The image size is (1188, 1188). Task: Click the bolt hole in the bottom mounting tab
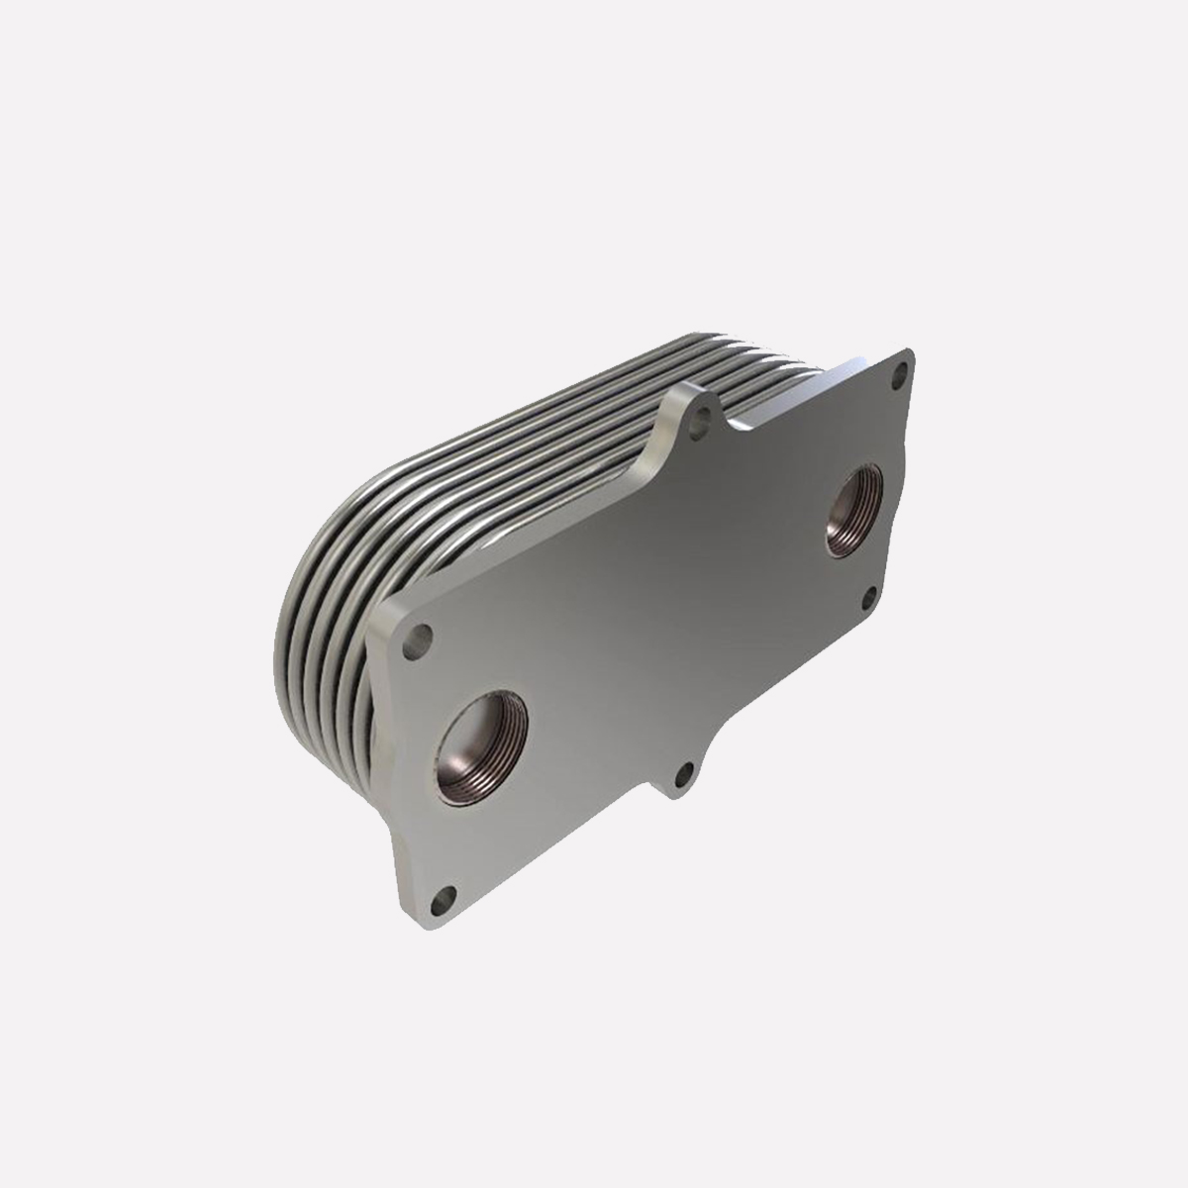point(681,773)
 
